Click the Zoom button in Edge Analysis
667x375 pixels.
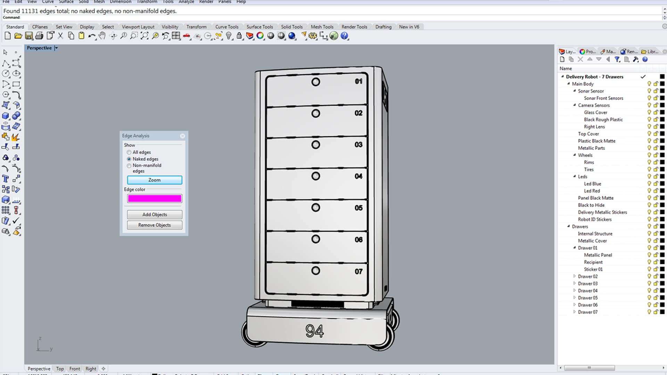click(154, 180)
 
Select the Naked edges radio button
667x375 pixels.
click(129, 159)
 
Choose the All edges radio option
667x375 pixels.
click(129, 152)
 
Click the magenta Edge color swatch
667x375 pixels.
click(154, 198)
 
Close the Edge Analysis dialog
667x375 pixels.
click(182, 136)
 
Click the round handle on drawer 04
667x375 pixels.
click(315, 176)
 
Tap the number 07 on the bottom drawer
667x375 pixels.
click(359, 272)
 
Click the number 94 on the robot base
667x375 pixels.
click(314, 331)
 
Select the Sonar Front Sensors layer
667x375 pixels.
click(603, 98)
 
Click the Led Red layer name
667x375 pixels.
click(592, 191)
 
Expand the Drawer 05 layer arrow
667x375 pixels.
click(574, 298)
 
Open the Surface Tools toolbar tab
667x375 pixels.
click(260, 27)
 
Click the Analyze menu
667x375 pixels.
click(186, 2)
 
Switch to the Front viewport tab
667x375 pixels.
click(74, 369)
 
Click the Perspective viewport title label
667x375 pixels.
click(39, 48)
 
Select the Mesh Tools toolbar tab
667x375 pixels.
click(322, 27)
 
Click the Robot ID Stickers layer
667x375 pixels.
click(594, 219)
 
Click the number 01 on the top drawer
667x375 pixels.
click(359, 81)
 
